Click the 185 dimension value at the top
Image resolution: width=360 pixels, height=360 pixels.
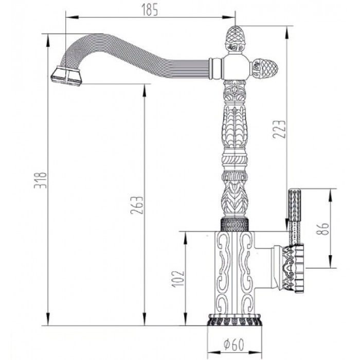152,9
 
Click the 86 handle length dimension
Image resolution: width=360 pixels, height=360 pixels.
322,228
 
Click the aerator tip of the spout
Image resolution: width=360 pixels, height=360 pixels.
65,77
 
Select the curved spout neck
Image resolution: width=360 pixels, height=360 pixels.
129,57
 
